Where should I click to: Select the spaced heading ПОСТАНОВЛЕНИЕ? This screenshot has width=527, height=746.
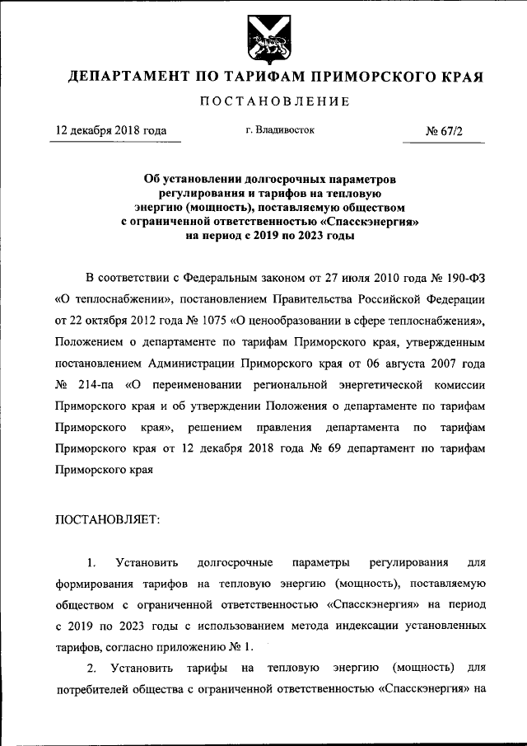pos(263,101)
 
